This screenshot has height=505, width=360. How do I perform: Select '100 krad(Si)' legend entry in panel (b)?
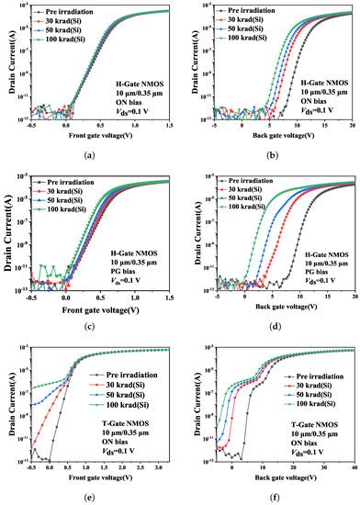pyautogui.click(x=246, y=38)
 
